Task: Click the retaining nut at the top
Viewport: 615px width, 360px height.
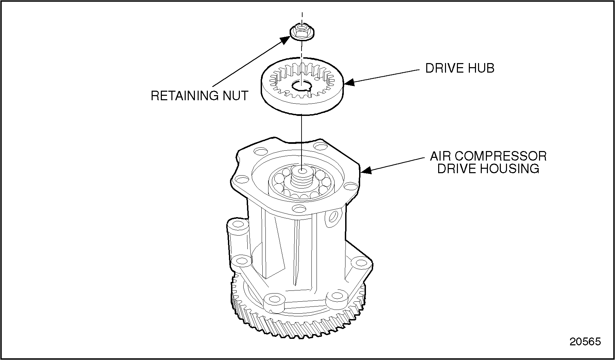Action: [x=302, y=32]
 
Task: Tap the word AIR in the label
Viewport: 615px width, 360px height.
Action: [x=440, y=156]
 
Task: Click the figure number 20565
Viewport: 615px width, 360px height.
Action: [x=585, y=341]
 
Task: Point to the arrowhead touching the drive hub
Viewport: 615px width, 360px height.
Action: [x=349, y=82]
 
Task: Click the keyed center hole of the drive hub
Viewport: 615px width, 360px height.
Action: [x=301, y=87]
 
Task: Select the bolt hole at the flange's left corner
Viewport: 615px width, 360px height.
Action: [x=242, y=179]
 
